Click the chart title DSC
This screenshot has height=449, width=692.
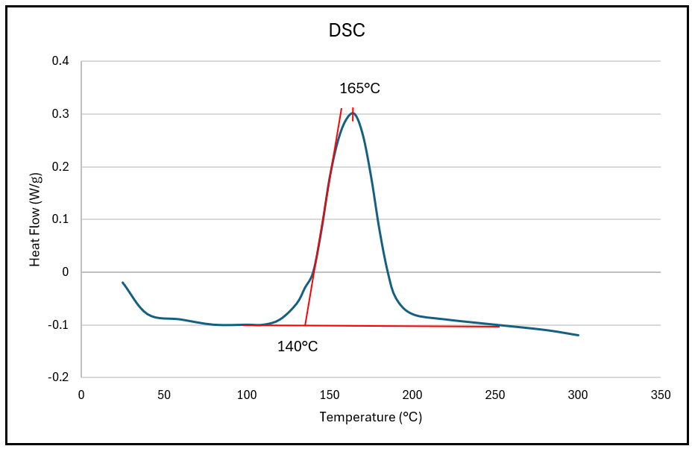tap(347, 31)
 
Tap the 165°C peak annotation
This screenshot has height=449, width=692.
tap(360, 88)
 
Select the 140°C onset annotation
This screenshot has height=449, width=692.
tap(298, 346)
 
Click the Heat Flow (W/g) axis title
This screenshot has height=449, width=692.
tap(35, 219)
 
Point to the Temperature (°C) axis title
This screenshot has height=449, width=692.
tap(371, 417)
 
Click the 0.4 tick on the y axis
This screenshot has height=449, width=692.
tap(60, 61)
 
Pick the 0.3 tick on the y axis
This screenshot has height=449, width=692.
tap(60, 114)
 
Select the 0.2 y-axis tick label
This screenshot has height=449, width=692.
tap(60, 167)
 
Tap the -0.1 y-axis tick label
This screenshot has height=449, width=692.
tap(59, 325)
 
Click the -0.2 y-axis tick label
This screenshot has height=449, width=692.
tap(59, 377)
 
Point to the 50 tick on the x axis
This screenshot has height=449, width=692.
tap(164, 394)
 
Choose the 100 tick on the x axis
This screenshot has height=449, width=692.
tap(247, 394)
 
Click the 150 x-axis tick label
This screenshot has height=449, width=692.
tap(330, 394)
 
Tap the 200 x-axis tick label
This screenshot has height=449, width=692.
tap(412, 394)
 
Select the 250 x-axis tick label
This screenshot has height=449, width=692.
tap(495, 394)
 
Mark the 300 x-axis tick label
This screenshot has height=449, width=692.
tap(578, 394)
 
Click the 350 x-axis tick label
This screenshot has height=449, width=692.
tap(661, 394)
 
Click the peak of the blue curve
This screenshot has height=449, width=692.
tap(353, 113)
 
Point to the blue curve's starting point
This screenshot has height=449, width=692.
tap(123, 283)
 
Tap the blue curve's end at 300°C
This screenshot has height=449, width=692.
tap(578, 335)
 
